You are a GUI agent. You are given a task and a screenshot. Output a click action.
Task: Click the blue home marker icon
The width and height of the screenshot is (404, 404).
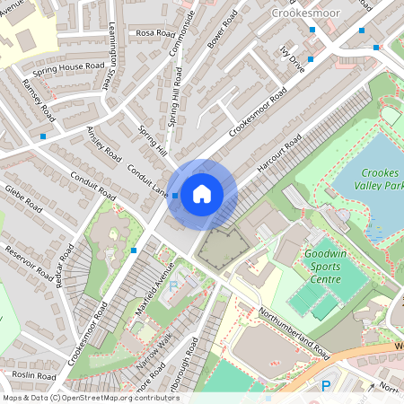202,193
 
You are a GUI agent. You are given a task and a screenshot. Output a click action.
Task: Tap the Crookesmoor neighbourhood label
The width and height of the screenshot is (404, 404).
304,13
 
